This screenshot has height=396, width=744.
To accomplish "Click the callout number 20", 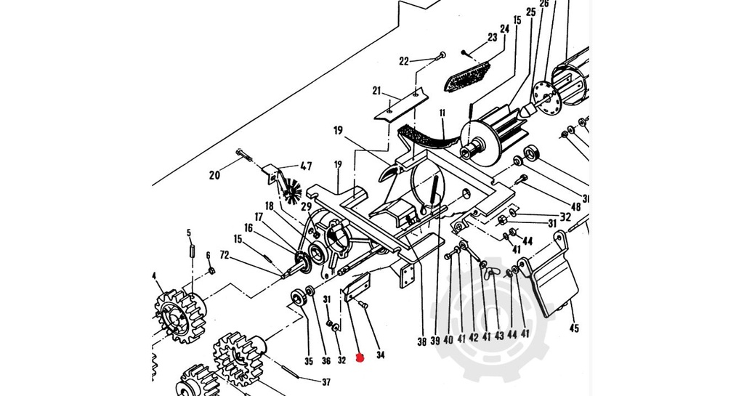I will pos(214,174).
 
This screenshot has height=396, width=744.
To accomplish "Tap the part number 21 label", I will pos(376,91).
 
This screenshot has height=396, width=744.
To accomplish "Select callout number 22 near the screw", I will pos(405,61).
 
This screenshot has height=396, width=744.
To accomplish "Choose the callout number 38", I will pos(421,339).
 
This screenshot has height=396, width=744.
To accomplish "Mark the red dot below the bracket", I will pos(357,357).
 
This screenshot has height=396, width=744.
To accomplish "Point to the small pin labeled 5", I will pos(193,251).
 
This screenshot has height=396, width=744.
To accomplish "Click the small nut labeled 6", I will pos(211,271).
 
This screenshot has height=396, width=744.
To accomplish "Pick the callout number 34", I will pos(379,355).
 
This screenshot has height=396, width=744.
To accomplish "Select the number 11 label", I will pos(442,113).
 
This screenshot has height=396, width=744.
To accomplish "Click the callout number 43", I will pos(499,336).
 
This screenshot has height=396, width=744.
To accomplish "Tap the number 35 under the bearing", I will pos(309,361).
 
